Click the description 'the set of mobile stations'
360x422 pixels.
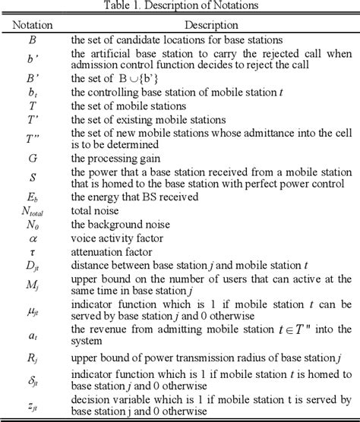[129, 106]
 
